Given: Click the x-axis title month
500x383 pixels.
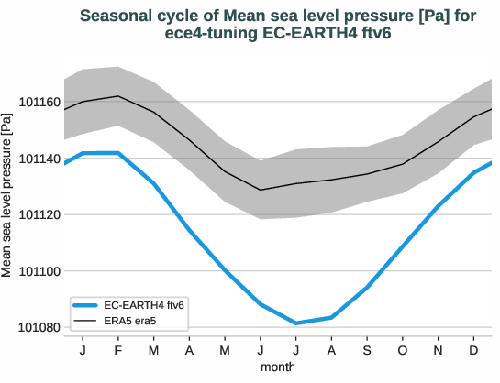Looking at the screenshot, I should (277, 367).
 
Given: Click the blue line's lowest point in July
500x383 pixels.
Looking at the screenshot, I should (295, 323).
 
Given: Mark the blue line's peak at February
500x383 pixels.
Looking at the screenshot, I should (118, 153).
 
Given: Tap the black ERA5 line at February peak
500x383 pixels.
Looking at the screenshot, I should (118, 96).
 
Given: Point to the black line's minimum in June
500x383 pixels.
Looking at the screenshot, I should (261, 190).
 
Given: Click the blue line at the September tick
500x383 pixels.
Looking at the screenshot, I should (367, 287).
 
